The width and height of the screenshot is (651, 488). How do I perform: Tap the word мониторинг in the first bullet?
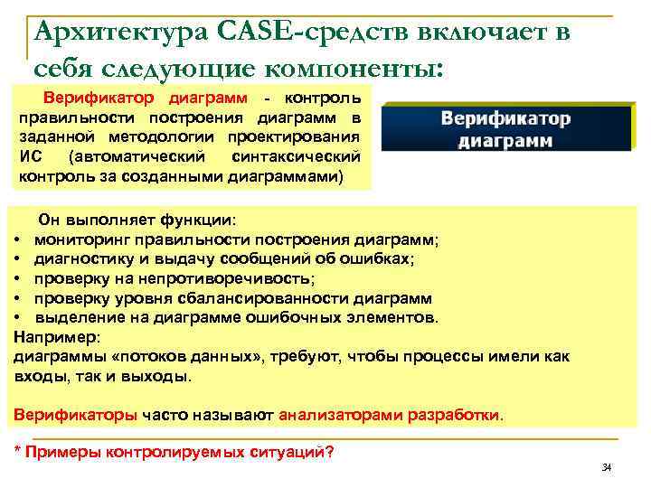point(78,239)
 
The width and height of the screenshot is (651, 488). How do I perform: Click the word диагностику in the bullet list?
point(78,258)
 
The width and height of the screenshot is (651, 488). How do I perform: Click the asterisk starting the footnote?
point(21,451)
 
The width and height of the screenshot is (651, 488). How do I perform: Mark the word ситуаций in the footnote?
point(297,452)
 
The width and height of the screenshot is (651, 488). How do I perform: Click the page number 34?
point(607,466)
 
